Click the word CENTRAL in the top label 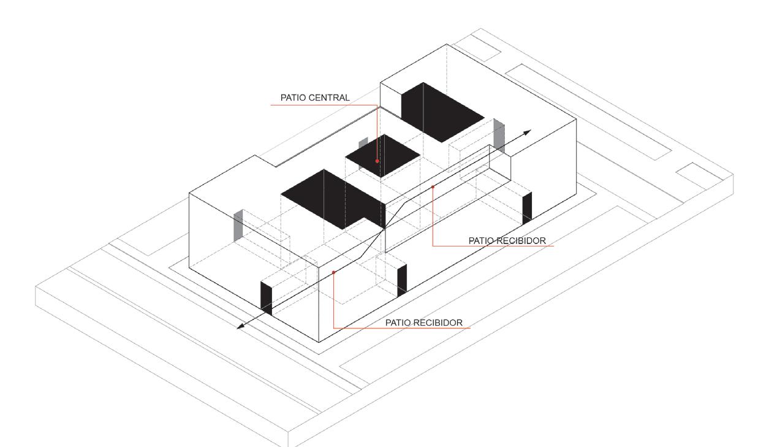(332, 97)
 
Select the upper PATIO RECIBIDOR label (507, 240)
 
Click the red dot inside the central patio (377, 161)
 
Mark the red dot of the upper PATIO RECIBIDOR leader (433, 186)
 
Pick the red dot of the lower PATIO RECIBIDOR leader (333, 272)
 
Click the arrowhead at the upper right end (527, 132)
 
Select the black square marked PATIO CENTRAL (382, 155)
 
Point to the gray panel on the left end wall (238, 225)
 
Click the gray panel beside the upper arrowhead (499, 136)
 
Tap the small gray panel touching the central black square (363, 143)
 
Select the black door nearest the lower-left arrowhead (267, 299)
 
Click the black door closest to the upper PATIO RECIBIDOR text (526, 207)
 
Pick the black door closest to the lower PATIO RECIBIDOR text (402, 280)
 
